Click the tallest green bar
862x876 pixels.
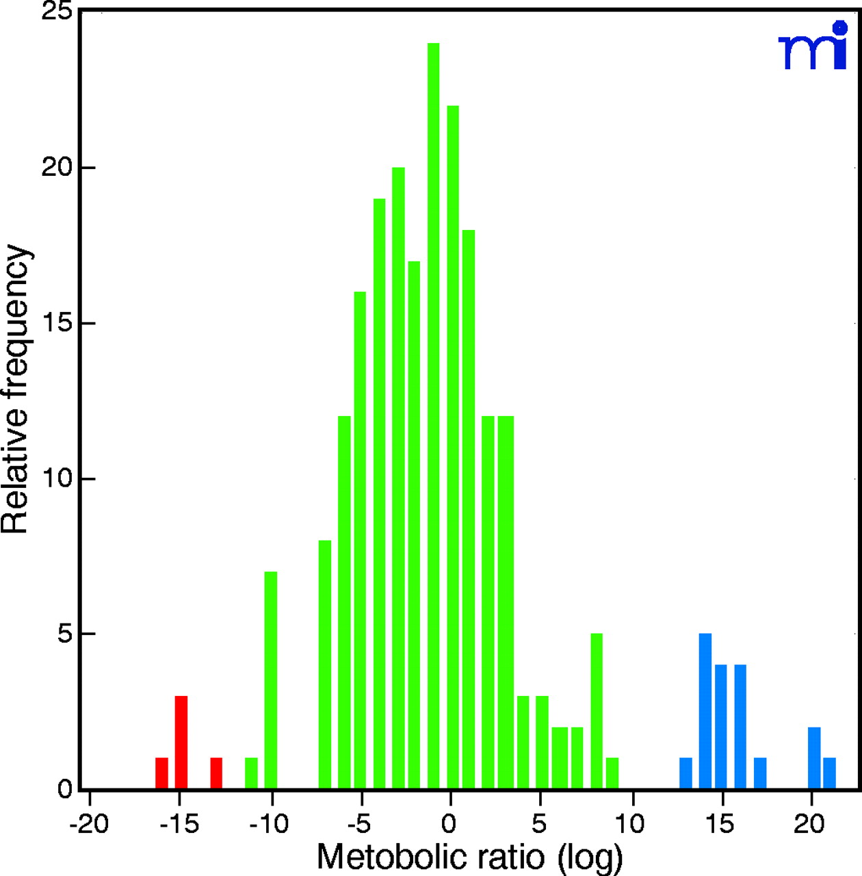click(x=433, y=411)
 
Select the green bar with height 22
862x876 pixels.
click(x=453, y=445)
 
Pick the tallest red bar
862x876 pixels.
click(x=181, y=743)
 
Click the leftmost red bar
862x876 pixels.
click(x=161, y=773)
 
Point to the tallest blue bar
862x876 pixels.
click(x=705, y=712)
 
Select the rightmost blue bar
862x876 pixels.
click(x=829, y=773)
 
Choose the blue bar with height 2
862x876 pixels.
click(x=814, y=758)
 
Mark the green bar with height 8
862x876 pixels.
click(x=325, y=664)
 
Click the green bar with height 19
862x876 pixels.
click(x=379, y=493)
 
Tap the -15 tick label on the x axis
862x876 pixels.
click(x=179, y=825)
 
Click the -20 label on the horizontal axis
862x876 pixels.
click(x=89, y=825)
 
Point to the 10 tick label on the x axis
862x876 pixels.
click(x=629, y=825)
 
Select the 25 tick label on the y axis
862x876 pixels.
click(x=57, y=12)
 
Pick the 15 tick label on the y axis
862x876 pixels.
click(x=57, y=323)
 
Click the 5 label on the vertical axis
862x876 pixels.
click(x=65, y=634)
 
